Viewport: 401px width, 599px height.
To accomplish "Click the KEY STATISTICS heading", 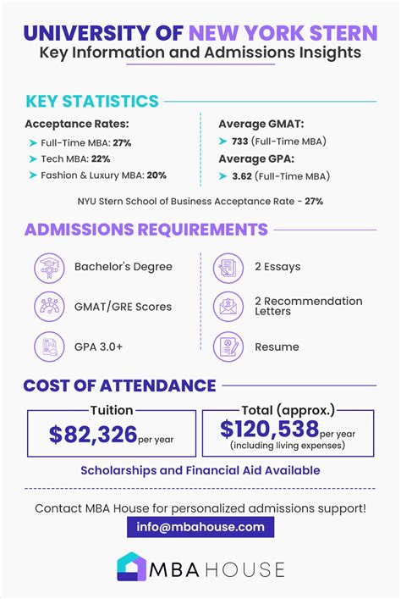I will coord(92,102).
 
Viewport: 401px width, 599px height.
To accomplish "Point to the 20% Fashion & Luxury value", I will coord(155,175).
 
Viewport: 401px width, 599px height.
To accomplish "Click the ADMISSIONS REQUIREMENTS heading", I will coord(146,230).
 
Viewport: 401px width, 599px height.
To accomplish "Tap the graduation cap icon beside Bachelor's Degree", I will coord(49,267).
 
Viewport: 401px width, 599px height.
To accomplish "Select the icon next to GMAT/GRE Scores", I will coord(49,306).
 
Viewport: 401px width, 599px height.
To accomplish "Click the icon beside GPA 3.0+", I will coord(49,346).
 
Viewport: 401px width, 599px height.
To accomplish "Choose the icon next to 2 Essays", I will coord(228,267).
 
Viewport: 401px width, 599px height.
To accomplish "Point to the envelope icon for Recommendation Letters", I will coord(228,306).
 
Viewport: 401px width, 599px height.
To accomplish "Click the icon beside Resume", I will coord(228,346).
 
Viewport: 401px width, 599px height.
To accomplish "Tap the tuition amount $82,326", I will coord(93,435).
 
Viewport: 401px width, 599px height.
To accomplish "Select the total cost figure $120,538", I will coord(269,430).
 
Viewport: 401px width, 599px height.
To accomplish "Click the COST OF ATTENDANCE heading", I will coord(120,386).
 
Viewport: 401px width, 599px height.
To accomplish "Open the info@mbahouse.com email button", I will coord(200,526).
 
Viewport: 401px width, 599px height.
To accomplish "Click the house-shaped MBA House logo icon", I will coord(131,567).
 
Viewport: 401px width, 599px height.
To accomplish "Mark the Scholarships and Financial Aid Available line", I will coord(200,470).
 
